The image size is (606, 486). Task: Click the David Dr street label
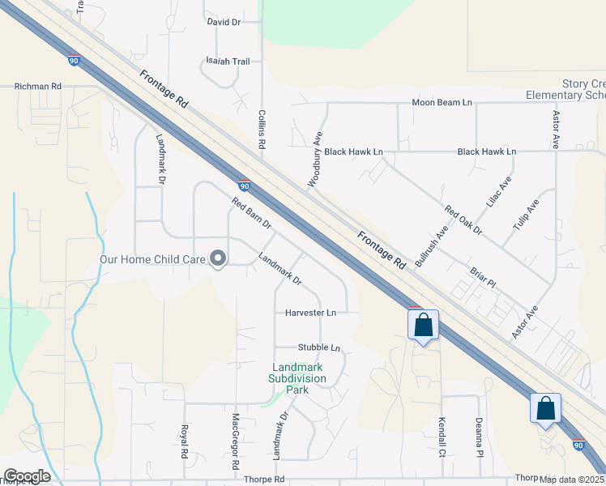pyautogui.click(x=224, y=23)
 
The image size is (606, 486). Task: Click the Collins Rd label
pyautogui.click(x=262, y=130)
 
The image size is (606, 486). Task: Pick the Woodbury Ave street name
pyautogui.click(x=315, y=159)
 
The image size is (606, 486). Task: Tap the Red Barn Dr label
pyautogui.click(x=251, y=213)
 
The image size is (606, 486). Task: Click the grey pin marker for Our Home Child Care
pyautogui.click(x=218, y=258)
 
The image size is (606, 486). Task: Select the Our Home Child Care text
pyautogui.click(x=152, y=260)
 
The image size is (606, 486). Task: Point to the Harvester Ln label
pyautogui.click(x=310, y=312)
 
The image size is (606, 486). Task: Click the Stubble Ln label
pyautogui.click(x=318, y=347)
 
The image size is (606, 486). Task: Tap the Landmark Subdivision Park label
pyautogui.click(x=299, y=378)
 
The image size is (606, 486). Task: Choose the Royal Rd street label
pyautogui.click(x=185, y=440)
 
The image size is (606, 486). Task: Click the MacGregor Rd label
pyautogui.click(x=235, y=442)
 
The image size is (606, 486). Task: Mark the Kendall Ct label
pyautogui.click(x=442, y=437)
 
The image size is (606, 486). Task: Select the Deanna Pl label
pyautogui.click(x=480, y=438)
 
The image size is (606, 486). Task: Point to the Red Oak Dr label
pyautogui.click(x=463, y=220)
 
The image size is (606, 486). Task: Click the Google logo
pyautogui.click(x=27, y=476)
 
